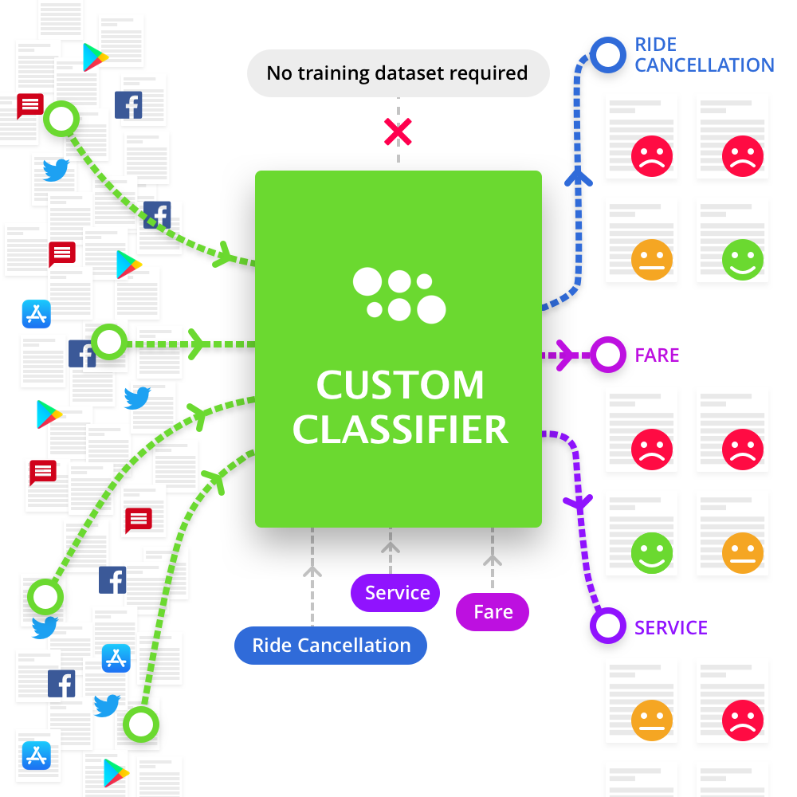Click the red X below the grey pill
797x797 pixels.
397,132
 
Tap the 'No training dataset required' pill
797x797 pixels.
398,73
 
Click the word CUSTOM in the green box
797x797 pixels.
400,386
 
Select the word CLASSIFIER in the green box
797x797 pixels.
400,430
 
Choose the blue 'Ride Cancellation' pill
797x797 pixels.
331,646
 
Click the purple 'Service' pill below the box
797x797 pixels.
396,593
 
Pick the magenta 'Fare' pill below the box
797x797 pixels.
493,612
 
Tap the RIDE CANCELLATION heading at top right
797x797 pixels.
704,55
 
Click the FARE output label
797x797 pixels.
657,355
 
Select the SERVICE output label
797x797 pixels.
670,628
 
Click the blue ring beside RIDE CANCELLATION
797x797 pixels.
608,55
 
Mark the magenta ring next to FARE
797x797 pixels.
608,355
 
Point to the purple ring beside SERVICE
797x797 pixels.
607,626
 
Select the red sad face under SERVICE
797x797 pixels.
743,721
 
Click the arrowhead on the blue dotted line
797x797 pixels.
579,177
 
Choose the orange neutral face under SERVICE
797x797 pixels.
652,721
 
